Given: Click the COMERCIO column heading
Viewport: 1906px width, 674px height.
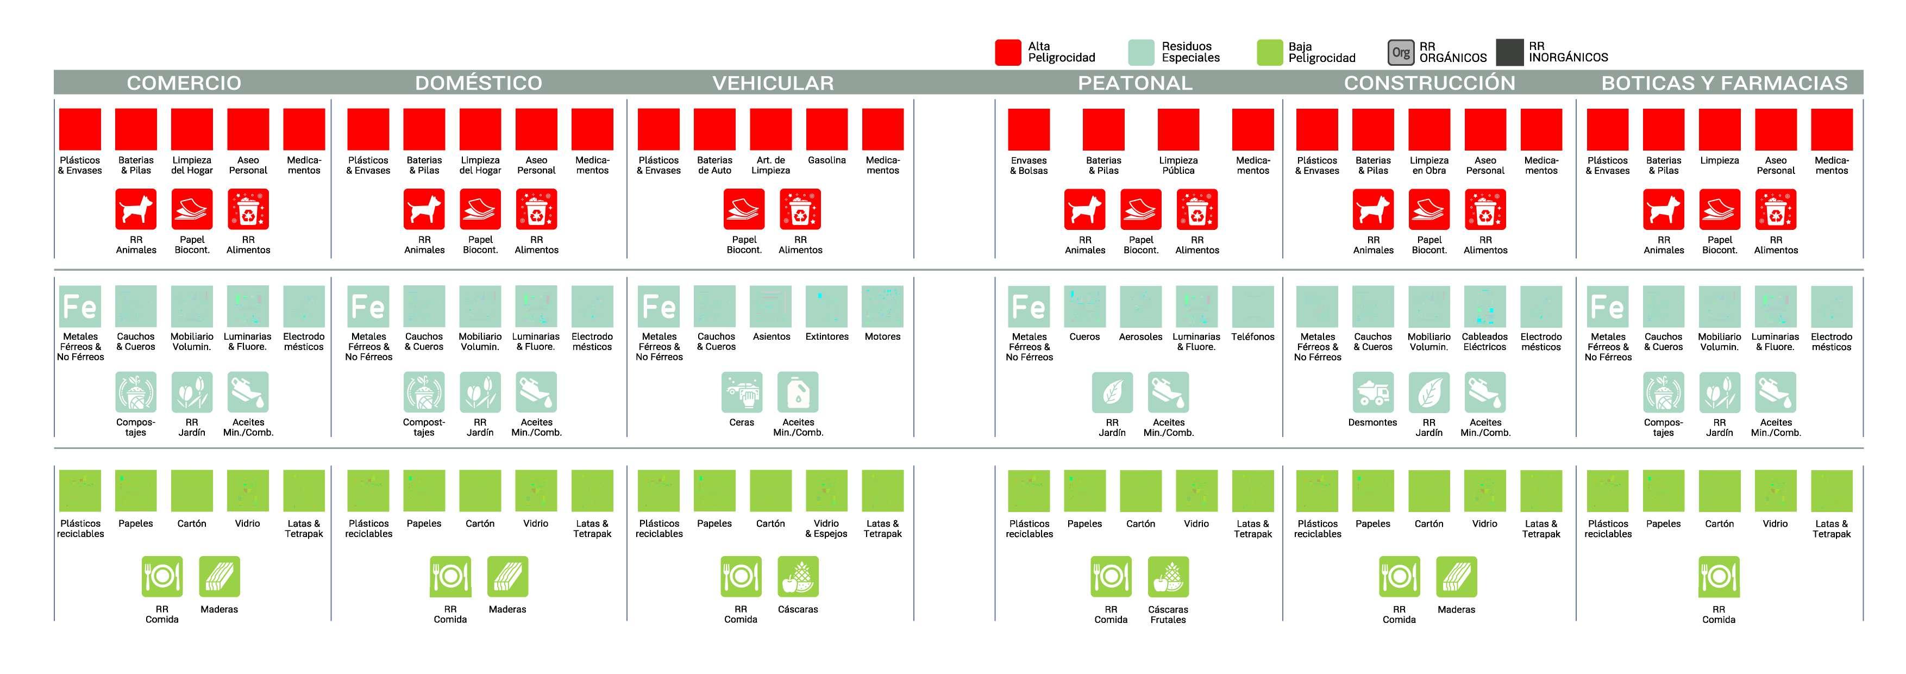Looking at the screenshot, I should (x=184, y=83).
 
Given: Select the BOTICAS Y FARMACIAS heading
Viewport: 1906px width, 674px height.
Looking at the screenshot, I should (x=1724, y=83).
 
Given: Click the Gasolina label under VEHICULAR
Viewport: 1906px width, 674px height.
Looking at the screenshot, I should (x=826, y=160).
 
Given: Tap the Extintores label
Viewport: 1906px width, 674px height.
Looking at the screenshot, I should (x=826, y=336).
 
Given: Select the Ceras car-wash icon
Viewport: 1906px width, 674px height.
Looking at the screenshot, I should (x=742, y=392).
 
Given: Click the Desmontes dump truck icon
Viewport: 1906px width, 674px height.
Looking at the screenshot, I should (x=1372, y=392).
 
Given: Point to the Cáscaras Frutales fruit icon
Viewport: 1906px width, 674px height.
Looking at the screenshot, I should (x=1168, y=576).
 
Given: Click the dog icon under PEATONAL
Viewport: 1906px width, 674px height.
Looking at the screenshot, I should (x=1084, y=209).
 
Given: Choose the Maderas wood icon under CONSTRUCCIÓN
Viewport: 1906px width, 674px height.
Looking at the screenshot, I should (x=1456, y=576).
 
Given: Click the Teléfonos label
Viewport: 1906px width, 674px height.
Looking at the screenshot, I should (x=1253, y=336).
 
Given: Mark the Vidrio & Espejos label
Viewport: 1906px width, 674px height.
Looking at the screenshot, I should (x=826, y=528).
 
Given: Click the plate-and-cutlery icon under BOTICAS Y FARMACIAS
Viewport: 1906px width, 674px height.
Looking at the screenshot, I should (x=1718, y=576).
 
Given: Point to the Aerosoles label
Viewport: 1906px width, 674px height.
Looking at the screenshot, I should (x=1140, y=336).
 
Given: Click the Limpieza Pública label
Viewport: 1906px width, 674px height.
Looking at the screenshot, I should (x=1178, y=165).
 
